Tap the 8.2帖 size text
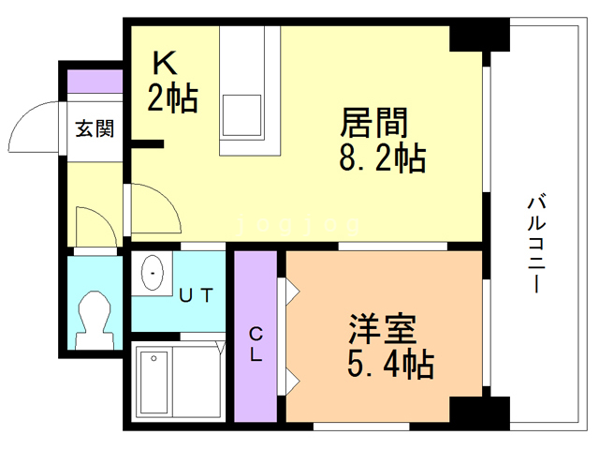coord(383,158)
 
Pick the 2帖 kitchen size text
coord(172,98)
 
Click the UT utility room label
coord(197,295)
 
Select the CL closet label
coord(255,344)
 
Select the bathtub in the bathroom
coord(154,384)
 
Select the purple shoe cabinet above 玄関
coord(95,81)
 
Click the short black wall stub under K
coord(147,143)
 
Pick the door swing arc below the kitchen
coord(153,206)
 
